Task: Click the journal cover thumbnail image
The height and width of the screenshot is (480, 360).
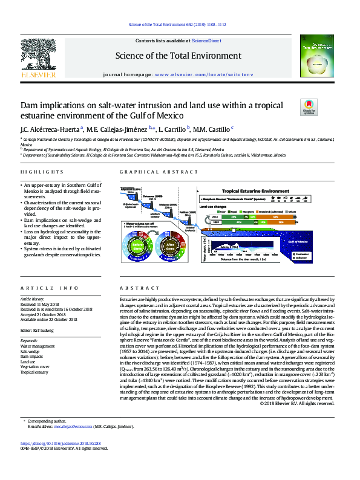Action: (320, 59)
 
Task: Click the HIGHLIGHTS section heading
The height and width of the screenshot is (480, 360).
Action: (34, 172)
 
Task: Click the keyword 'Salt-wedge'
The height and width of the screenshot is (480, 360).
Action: (30, 351)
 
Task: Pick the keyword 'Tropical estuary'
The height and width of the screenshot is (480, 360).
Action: (35, 372)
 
